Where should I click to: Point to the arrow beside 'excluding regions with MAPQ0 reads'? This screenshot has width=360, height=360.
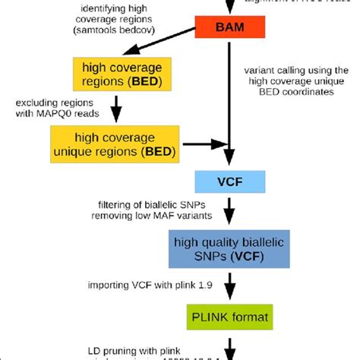click(116, 108)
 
